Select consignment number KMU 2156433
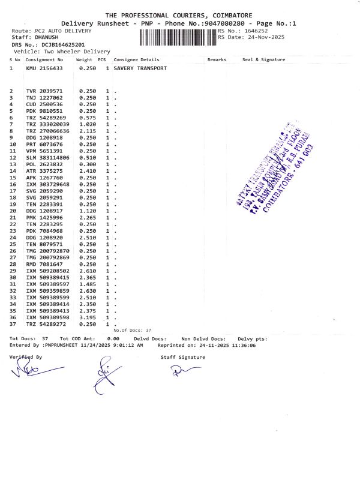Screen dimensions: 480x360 (44, 68)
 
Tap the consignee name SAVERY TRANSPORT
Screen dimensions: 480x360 (140, 68)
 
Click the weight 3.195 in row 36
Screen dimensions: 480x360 (88, 317)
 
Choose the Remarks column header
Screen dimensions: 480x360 (217, 60)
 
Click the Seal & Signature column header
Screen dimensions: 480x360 (263, 60)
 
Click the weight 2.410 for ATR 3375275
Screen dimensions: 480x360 (88, 171)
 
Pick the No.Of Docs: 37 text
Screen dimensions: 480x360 (132, 331)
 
